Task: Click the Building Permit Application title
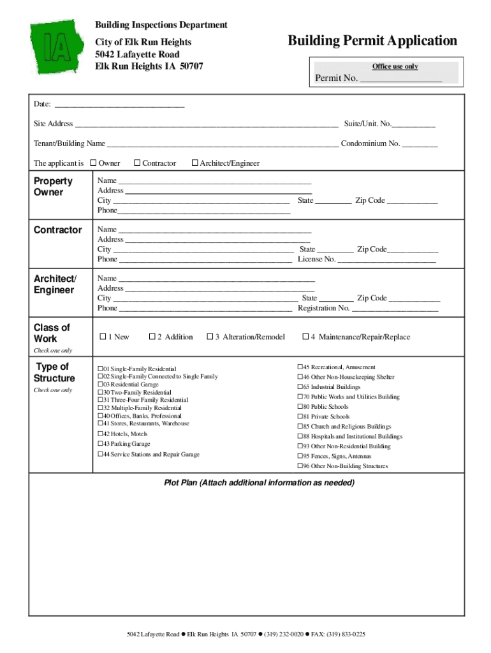pyautogui.click(x=372, y=41)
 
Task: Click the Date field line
pyautogui.click(x=119, y=105)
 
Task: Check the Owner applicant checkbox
pyautogui.click(x=93, y=163)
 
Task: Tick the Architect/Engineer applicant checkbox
pyautogui.click(x=195, y=163)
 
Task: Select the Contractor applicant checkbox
pyautogui.click(x=137, y=163)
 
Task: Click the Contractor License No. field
pyautogui.click(x=386, y=260)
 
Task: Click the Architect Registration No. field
pyautogui.click(x=395, y=309)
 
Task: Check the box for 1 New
pyautogui.click(x=102, y=337)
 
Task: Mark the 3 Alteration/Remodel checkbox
pyautogui.click(x=210, y=337)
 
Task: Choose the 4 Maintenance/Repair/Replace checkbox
pyautogui.click(x=305, y=337)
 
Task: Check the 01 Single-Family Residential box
pyautogui.click(x=100, y=369)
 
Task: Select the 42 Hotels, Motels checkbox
pyautogui.click(x=100, y=434)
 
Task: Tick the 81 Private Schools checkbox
pyautogui.click(x=300, y=417)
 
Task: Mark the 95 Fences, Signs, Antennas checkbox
pyautogui.click(x=300, y=457)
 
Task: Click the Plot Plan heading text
pyautogui.click(x=259, y=483)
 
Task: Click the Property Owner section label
pyautogui.click(x=53, y=186)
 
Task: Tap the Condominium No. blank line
pyautogui.click(x=420, y=144)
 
